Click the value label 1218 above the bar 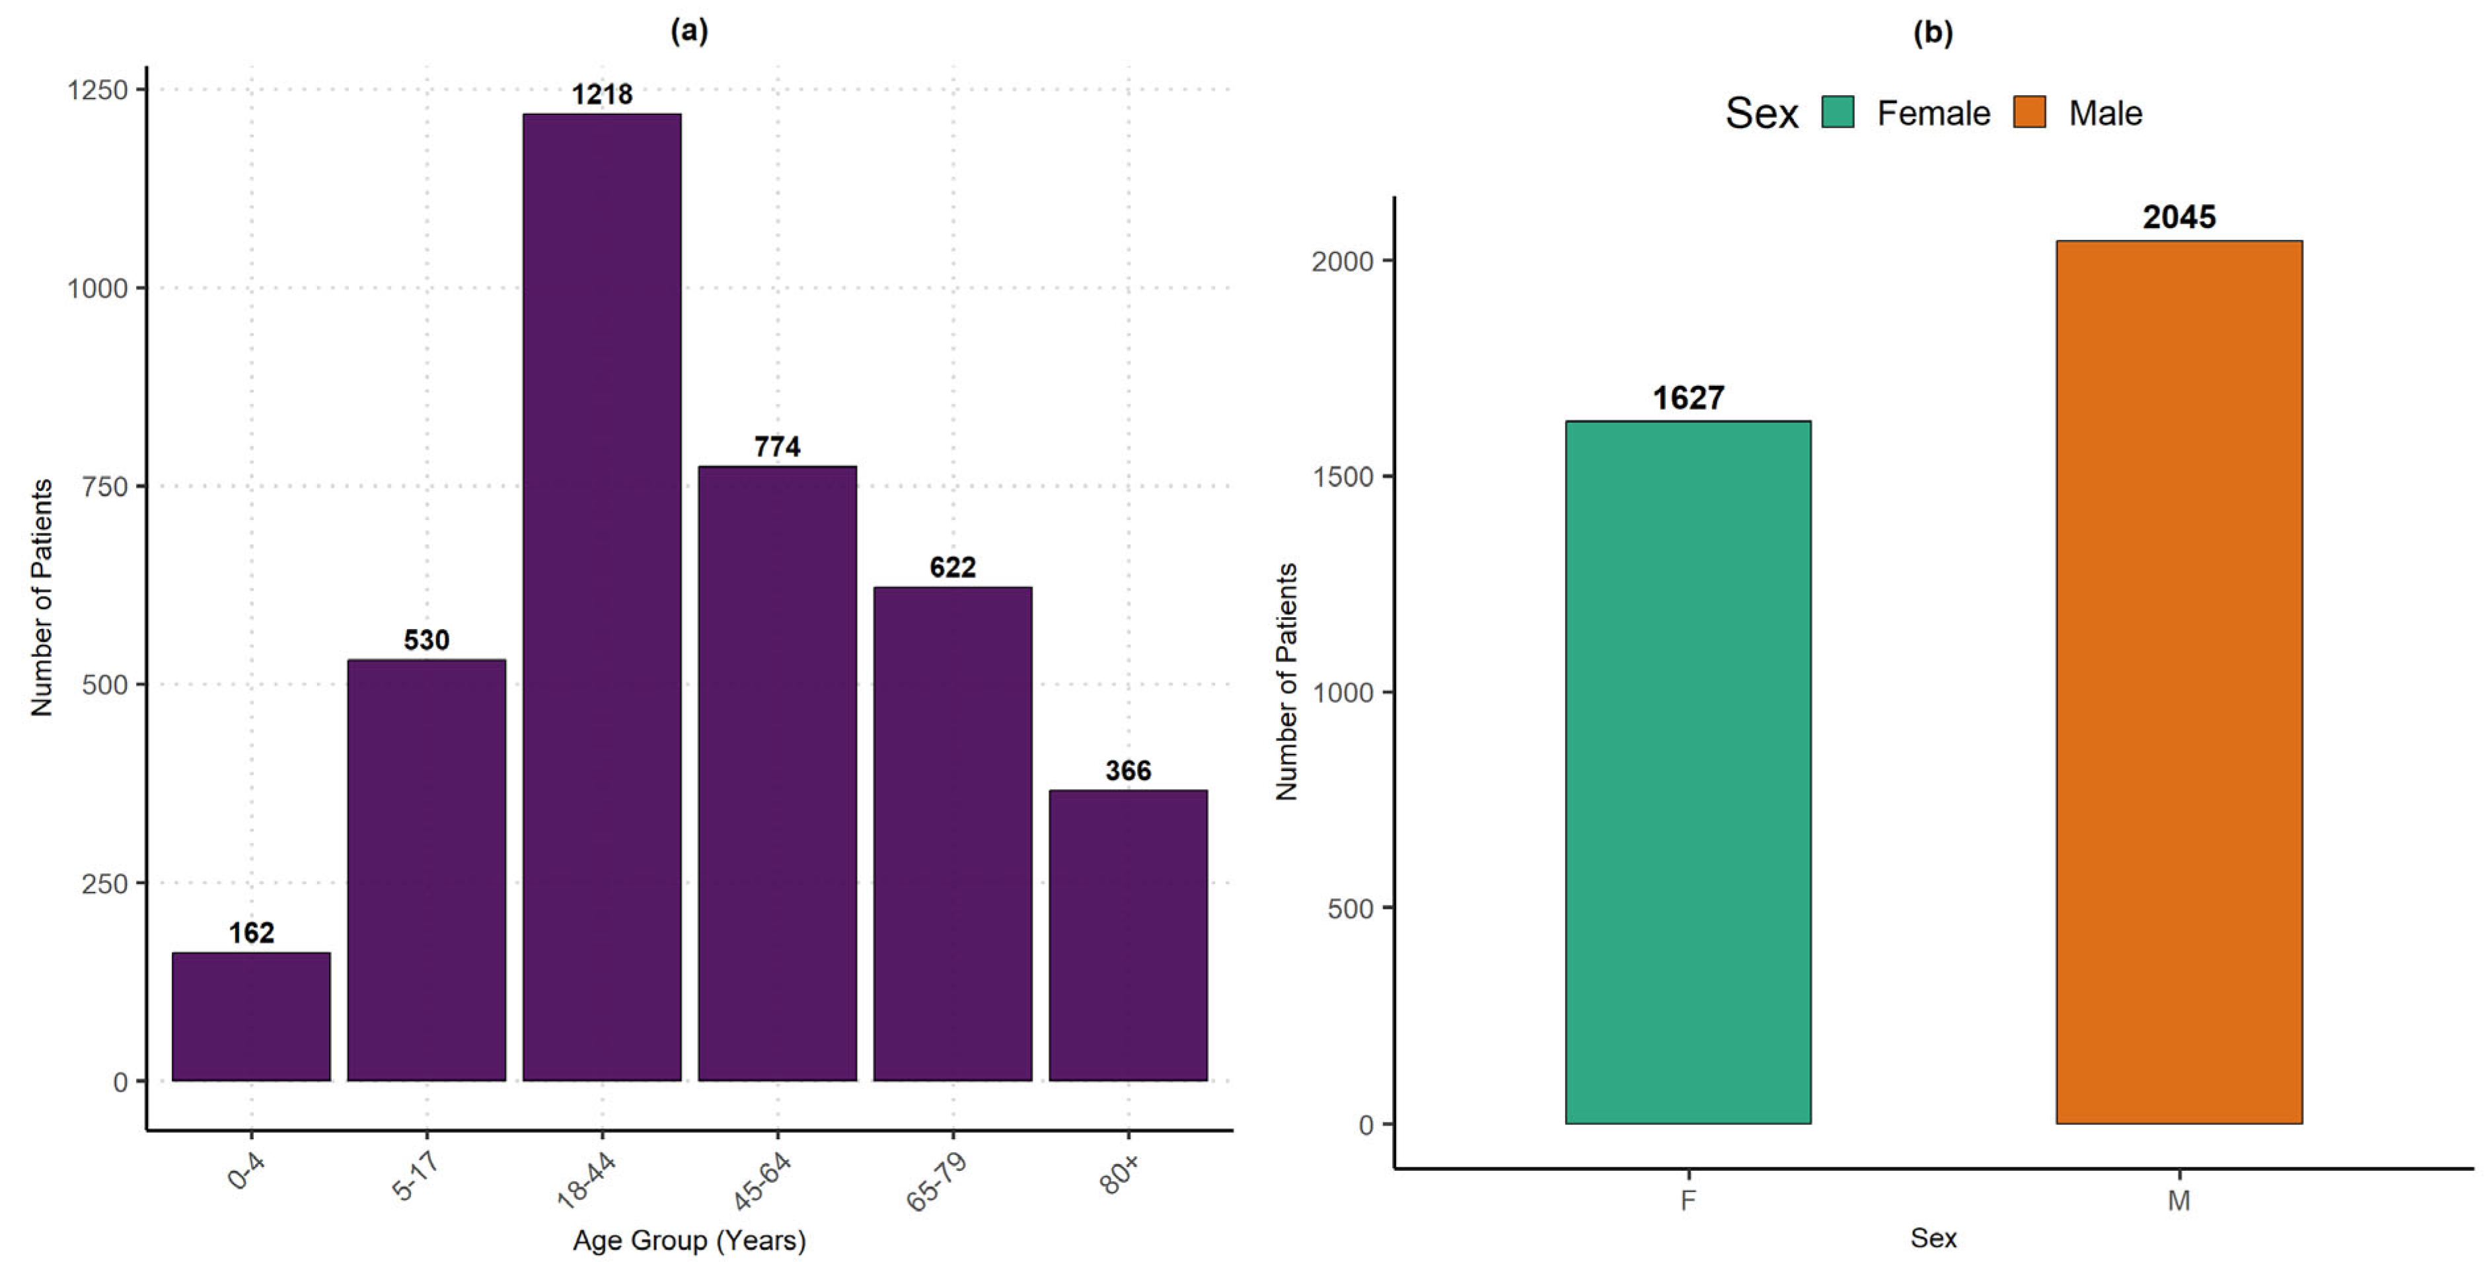[602, 94]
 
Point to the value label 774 [777, 447]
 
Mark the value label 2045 [2179, 217]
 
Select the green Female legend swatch [1837, 112]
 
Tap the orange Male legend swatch [2029, 112]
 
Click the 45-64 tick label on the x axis [762, 1181]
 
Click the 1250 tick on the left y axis [98, 90]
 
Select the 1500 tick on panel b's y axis [1343, 477]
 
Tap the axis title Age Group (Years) [689, 1240]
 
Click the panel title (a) [689, 31]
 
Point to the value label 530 [426, 640]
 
